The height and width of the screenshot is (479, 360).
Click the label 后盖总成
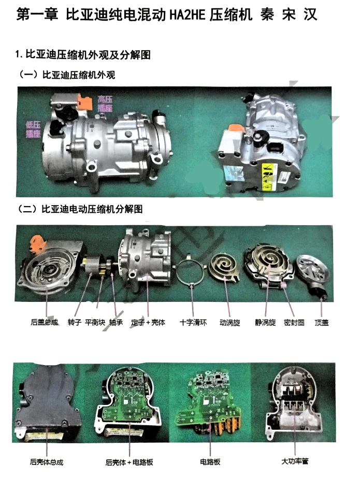pos(45,322)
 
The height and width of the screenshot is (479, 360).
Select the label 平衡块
pos(96,322)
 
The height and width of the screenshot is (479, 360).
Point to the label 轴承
pos(116,322)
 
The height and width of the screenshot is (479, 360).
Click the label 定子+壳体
pos(148,322)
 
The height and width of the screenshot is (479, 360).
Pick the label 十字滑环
pos(193,322)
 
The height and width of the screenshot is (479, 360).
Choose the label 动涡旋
pos(230,322)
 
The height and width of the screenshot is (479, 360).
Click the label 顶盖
pos(322,322)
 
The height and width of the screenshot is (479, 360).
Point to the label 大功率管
pos(295,461)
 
